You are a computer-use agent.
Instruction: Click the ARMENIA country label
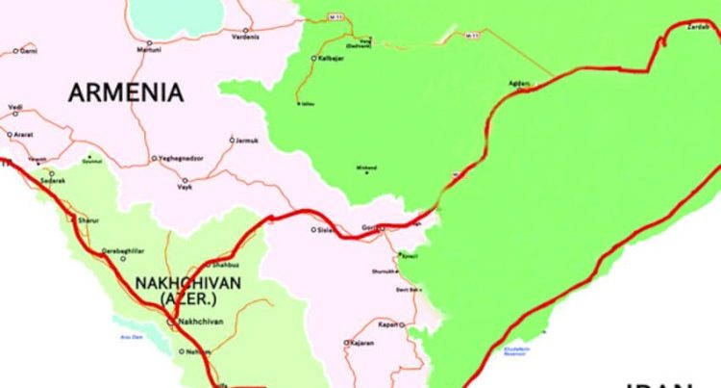125,92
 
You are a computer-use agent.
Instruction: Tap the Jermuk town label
248,141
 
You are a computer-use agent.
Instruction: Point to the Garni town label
29,50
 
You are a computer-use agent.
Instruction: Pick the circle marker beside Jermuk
232,140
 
